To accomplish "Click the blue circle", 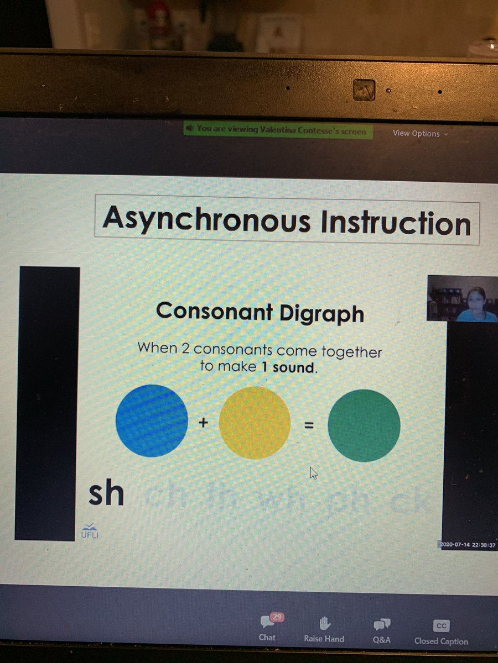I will pos(152,420).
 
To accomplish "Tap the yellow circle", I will pos(255,423).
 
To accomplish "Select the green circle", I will pos(364,425).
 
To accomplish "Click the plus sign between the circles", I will pos(203,424).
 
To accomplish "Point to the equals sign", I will pos(309,425).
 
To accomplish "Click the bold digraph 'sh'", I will pos(106,493).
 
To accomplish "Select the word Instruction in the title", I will pos(394,223).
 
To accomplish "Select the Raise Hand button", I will pos(324,629).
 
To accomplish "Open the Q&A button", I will pos(381,630).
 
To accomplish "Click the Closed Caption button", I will pos(441,632).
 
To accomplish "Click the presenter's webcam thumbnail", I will pos(462,298).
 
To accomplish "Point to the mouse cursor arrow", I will pos(314,472).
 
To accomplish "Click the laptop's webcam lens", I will pos(364,90).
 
